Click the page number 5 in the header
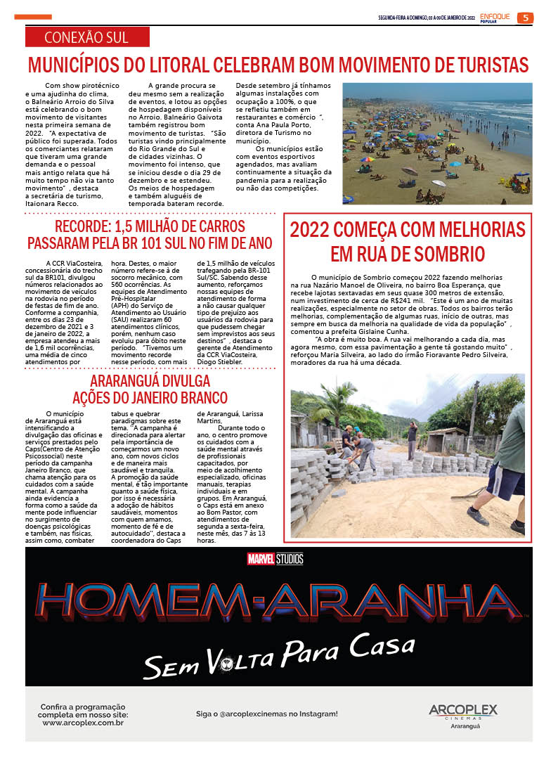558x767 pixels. pos(525,18)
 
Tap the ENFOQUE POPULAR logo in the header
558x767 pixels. pos(495,18)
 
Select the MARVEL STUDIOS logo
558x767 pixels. pos(275,560)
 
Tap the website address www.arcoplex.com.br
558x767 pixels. pos(83,723)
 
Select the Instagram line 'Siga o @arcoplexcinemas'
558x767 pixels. pos(266,714)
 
